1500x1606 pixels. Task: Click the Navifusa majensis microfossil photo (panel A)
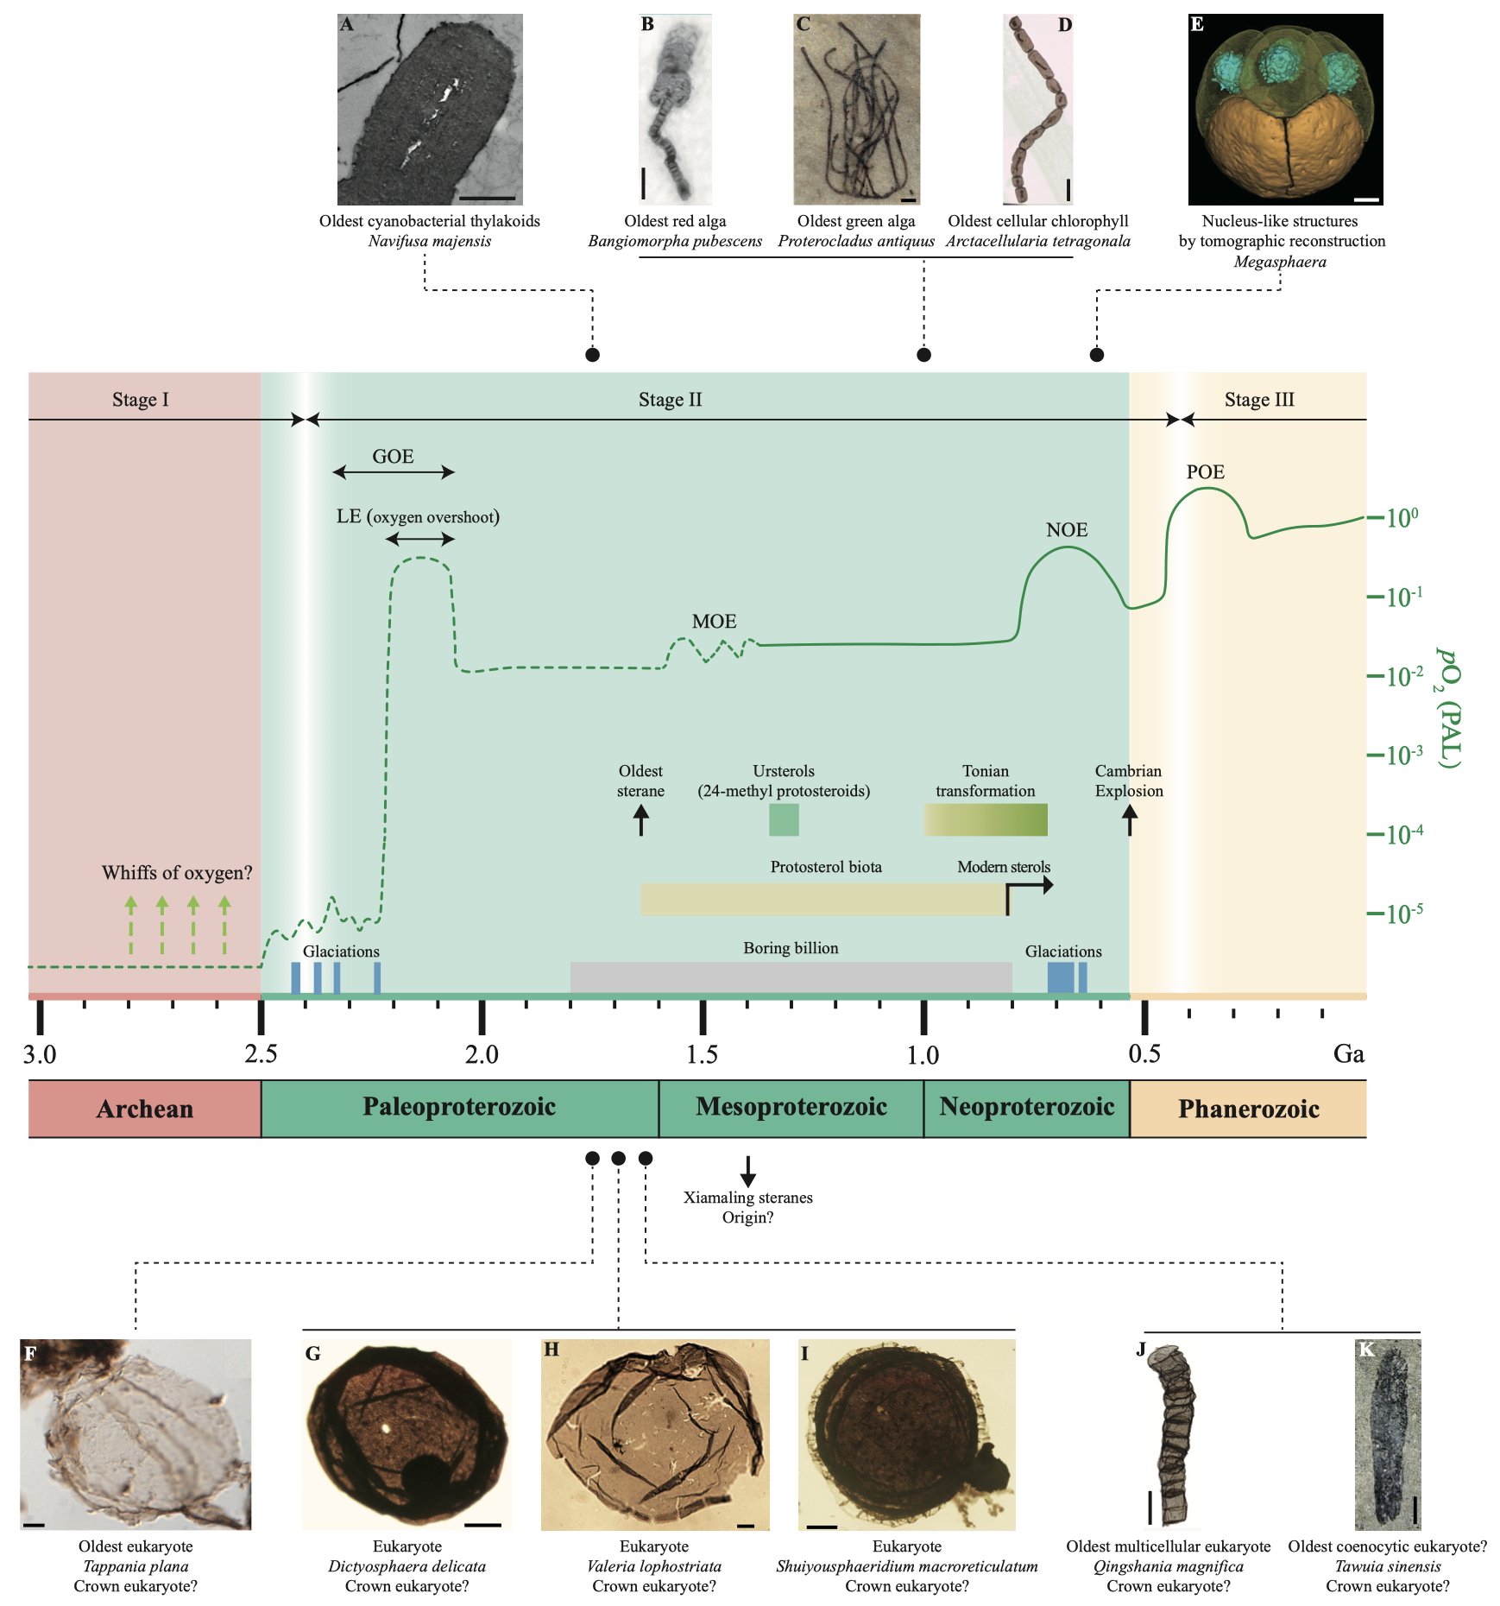pos(430,110)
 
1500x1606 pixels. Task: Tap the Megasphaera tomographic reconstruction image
pos(1285,110)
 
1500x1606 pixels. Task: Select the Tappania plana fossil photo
pos(136,1434)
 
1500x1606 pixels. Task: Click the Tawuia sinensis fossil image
pos(1388,1434)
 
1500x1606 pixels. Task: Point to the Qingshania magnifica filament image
pos(1174,1434)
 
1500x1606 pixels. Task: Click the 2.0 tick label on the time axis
pos(482,1054)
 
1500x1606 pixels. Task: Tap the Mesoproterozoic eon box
pos(791,1108)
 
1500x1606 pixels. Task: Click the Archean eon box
pos(145,1109)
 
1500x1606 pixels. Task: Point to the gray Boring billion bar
pos(791,977)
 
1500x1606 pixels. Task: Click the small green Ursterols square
pos(784,819)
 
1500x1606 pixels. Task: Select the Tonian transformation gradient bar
pos(986,819)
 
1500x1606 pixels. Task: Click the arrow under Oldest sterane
pos(640,820)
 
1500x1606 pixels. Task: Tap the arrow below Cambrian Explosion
pos(1129,820)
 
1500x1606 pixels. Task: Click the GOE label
pos(393,456)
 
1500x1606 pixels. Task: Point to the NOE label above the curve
pos(1067,529)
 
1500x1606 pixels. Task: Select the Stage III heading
pos(1259,400)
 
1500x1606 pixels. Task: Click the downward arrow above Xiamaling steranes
pos(748,1170)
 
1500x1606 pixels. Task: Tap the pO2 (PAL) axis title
pos(1448,707)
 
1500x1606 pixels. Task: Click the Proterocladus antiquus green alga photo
pos(857,110)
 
